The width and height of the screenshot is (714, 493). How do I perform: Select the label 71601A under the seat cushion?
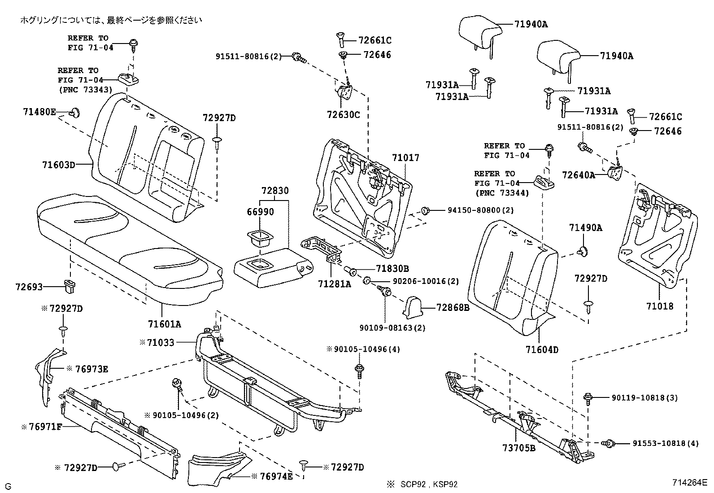165,323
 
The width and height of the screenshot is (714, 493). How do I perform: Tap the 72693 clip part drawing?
70,286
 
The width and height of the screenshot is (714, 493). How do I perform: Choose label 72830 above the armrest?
275,191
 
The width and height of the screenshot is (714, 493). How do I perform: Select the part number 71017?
405,158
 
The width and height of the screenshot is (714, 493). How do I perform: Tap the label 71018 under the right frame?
660,306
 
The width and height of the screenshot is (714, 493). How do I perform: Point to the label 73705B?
519,447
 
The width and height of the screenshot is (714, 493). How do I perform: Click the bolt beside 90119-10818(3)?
588,398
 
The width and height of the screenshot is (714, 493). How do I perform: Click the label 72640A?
579,175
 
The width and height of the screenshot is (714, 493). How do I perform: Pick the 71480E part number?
39,111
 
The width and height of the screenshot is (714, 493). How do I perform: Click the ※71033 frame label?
157,342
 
